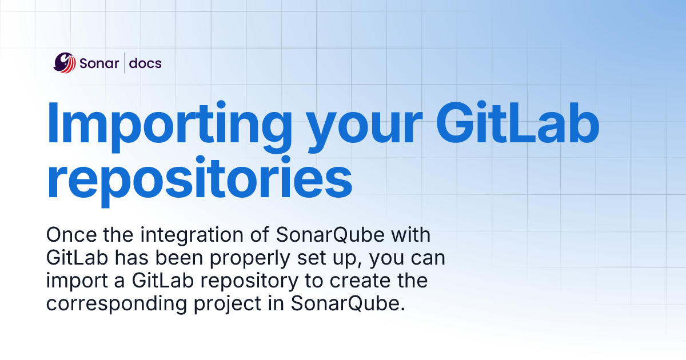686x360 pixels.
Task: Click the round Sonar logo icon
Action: pyautogui.click(x=65, y=63)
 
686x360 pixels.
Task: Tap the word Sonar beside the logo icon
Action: pyautogui.click(x=99, y=63)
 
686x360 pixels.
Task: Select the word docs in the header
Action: pyautogui.click(x=145, y=63)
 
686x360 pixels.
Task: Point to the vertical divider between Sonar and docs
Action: pyautogui.click(x=125, y=63)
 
